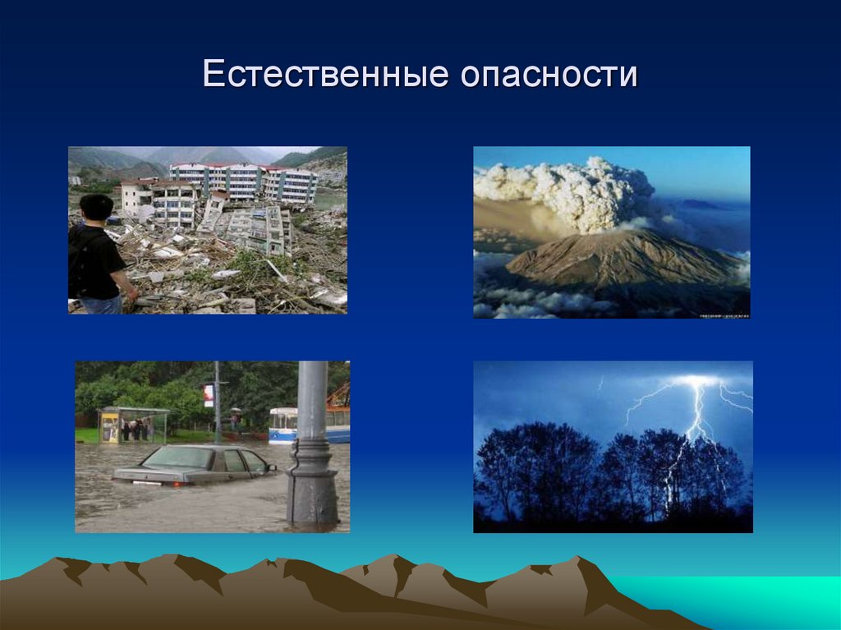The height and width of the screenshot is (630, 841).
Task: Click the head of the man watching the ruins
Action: coord(97,207)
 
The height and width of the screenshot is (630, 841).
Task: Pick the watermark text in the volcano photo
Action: coord(722,313)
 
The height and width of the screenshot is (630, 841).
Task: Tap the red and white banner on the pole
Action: coord(209,395)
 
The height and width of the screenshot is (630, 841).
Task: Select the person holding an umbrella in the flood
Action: coord(236,421)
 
